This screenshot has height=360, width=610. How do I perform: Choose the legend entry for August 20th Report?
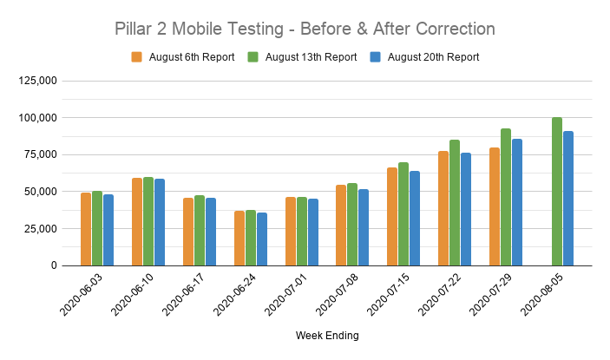(424, 57)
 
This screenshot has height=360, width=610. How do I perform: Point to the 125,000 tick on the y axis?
(37, 81)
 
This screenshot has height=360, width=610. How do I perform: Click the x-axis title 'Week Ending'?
(327, 335)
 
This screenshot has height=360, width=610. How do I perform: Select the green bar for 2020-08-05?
(557, 191)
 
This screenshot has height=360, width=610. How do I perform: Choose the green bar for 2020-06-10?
(148, 221)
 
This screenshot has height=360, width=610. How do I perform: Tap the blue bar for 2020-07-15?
(415, 218)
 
